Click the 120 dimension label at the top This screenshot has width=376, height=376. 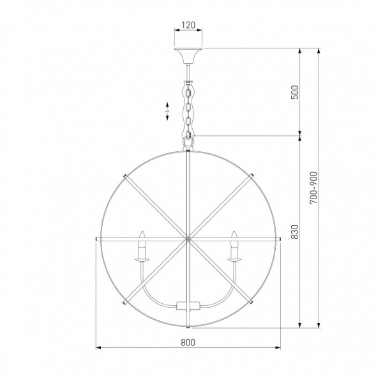(188, 25)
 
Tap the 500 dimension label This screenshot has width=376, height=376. (295, 92)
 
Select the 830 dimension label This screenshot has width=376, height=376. (295, 232)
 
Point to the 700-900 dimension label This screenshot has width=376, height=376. (313, 188)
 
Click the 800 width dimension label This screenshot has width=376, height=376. (188, 342)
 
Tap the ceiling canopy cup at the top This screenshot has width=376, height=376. (188, 56)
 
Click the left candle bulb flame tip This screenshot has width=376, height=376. (142, 231)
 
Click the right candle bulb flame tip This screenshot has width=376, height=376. (234, 231)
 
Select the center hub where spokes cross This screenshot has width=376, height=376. (188, 239)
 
